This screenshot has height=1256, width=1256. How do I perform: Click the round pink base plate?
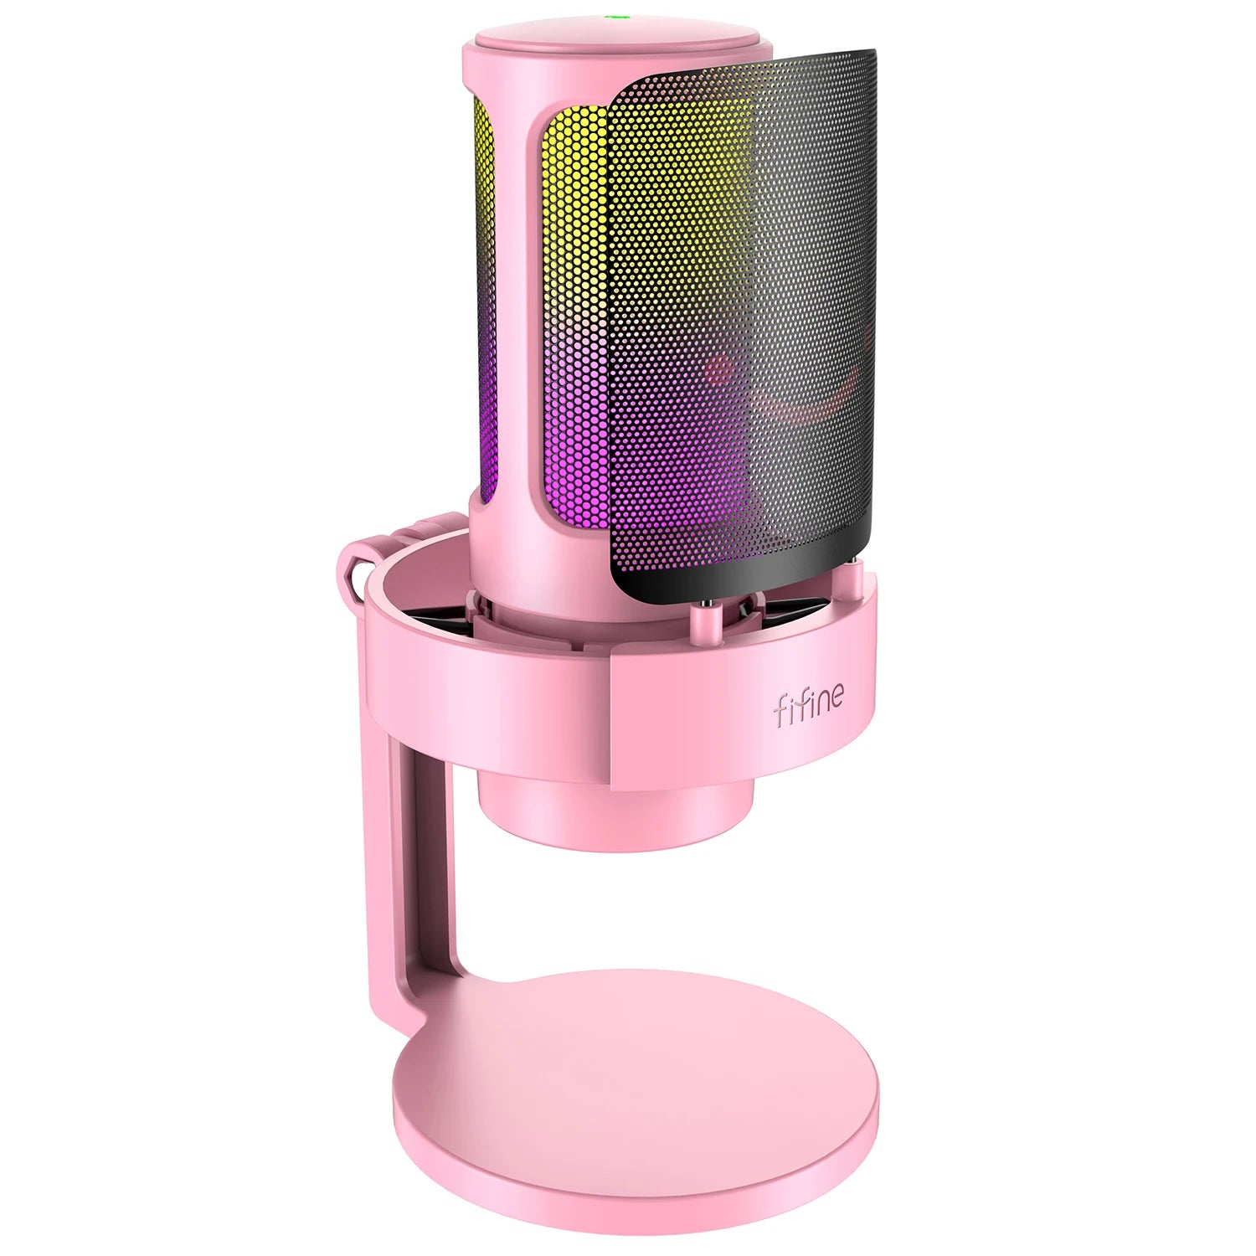click(x=636, y=1089)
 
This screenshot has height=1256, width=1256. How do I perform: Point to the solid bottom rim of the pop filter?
click(x=737, y=578)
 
